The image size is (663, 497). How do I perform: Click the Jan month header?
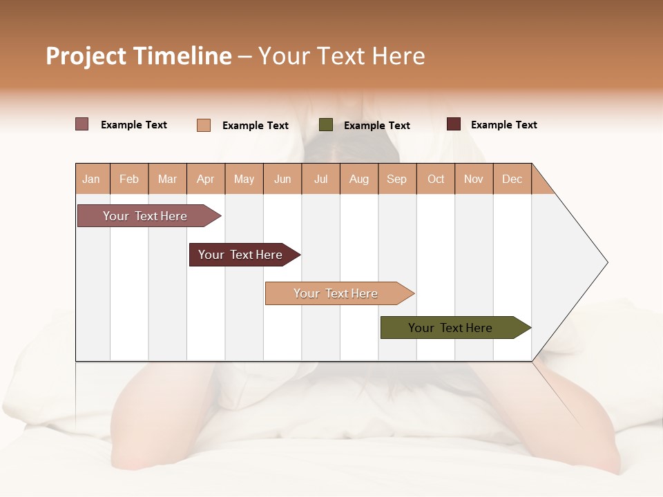tap(92, 179)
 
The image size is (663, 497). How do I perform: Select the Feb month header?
tap(129, 179)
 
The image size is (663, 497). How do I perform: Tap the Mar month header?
tap(167, 179)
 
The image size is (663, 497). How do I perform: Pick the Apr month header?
tap(206, 179)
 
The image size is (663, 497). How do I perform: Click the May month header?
tap(244, 179)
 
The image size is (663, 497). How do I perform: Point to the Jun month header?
tap(282, 179)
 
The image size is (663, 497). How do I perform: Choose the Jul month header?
tap(320, 179)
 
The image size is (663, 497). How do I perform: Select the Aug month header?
tap(359, 179)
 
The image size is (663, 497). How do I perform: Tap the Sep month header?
tap(397, 179)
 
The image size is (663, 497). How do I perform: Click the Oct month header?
tap(436, 179)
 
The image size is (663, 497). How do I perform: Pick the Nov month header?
tap(474, 179)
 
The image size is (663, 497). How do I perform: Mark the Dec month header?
tap(512, 179)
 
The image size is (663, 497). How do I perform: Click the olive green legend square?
tap(326, 125)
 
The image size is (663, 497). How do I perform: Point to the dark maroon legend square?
tap(453, 124)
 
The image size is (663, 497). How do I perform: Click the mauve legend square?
tap(82, 124)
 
